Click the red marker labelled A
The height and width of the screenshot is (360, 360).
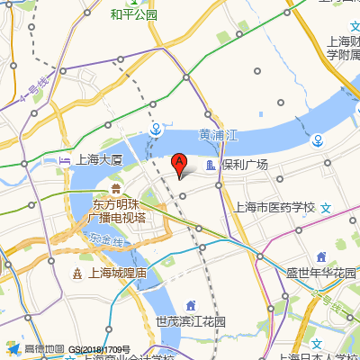click(179, 163)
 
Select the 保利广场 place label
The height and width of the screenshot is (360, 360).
click(245, 166)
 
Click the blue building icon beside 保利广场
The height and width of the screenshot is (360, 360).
click(211, 166)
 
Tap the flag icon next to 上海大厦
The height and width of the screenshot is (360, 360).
click(64, 160)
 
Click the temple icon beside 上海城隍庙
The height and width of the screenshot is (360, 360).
click(77, 274)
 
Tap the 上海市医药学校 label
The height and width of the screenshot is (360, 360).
click(274, 207)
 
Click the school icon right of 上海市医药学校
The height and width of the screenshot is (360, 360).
click(327, 207)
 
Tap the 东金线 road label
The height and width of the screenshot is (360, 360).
click(107, 241)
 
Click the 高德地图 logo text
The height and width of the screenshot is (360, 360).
click(44, 348)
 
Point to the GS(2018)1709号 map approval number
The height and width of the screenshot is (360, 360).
click(99, 349)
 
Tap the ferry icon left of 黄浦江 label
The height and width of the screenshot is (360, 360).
click(157, 128)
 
